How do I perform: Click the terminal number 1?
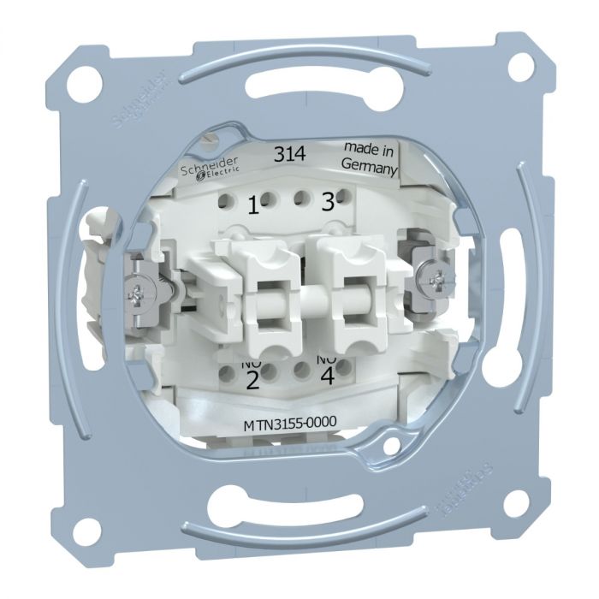(252, 205)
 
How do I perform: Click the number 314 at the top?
(288, 155)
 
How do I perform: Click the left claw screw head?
(140, 295)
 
